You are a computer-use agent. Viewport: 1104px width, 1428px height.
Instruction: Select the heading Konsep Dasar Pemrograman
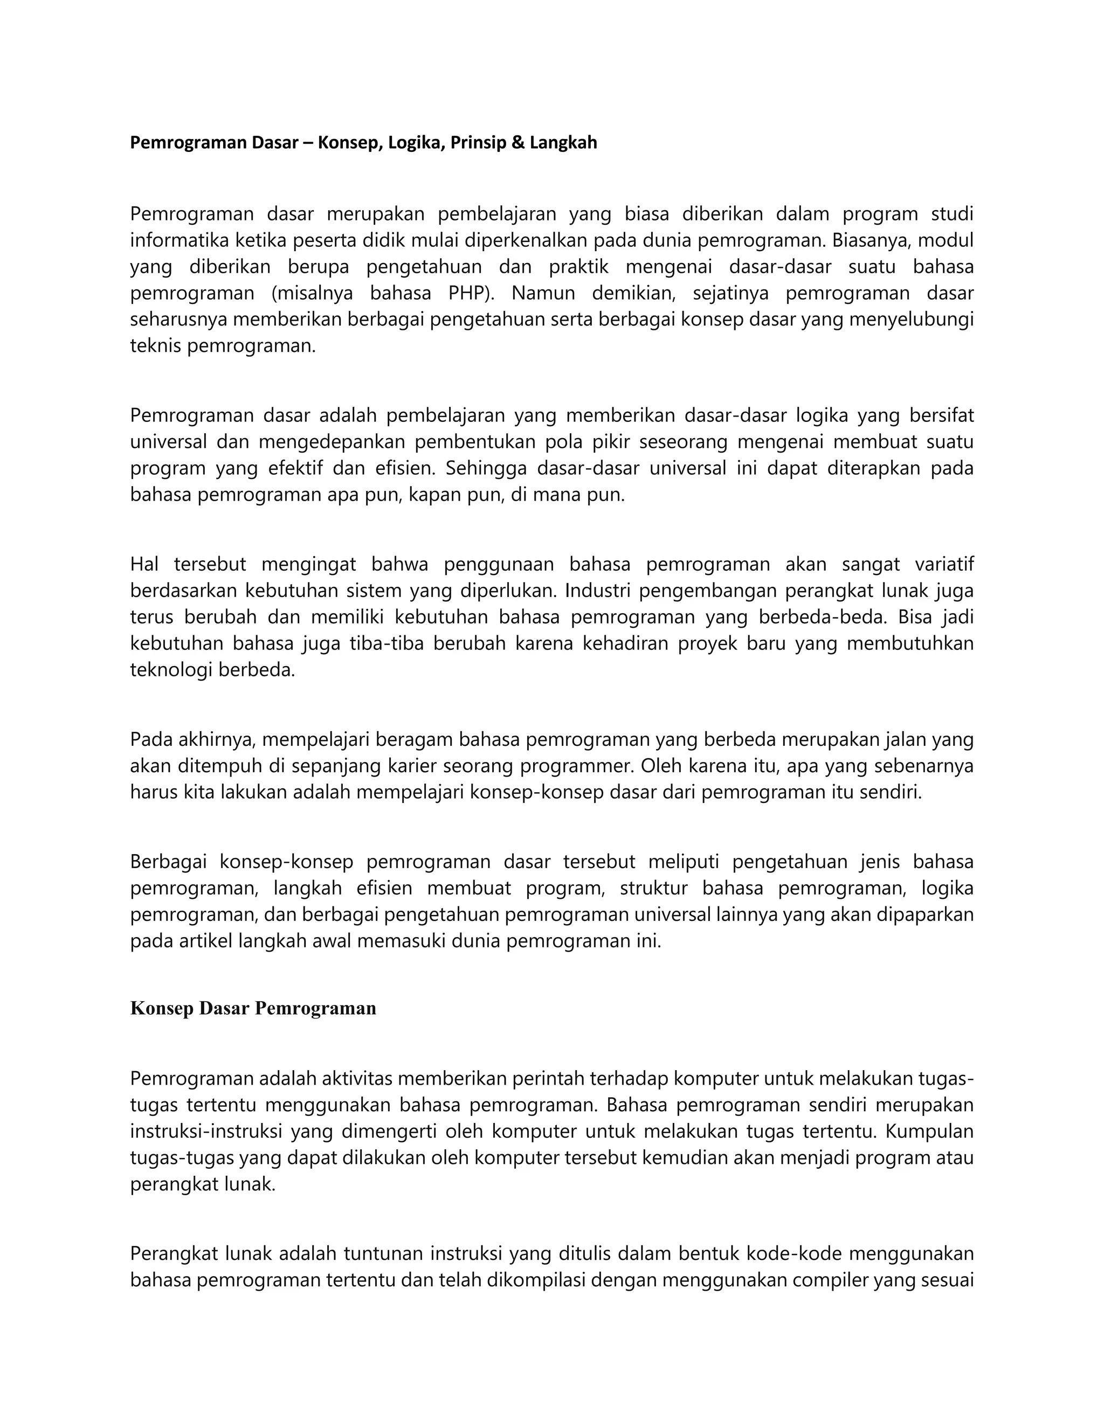253,1008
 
